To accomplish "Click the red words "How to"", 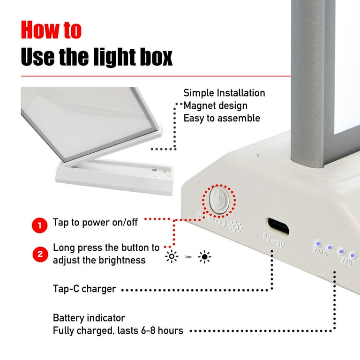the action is click(51, 30).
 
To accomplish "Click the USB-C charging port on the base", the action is click(277, 226).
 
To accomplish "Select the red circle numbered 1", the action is click(39, 225).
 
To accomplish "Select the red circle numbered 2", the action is click(40, 254).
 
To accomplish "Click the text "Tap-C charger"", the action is click(84, 289).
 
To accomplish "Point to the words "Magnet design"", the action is click(215, 105).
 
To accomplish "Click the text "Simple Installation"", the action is click(224, 93).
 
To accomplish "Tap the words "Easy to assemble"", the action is click(222, 118).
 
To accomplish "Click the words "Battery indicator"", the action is click(89, 318).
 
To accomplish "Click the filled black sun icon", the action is click(204, 257).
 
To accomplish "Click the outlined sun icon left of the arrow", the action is click(172, 256).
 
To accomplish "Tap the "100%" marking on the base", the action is click(321, 252).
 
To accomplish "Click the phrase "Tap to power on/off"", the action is click(95, 223).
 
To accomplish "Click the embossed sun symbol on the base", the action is click(236, 226).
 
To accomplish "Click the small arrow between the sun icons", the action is click(188, 257).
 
